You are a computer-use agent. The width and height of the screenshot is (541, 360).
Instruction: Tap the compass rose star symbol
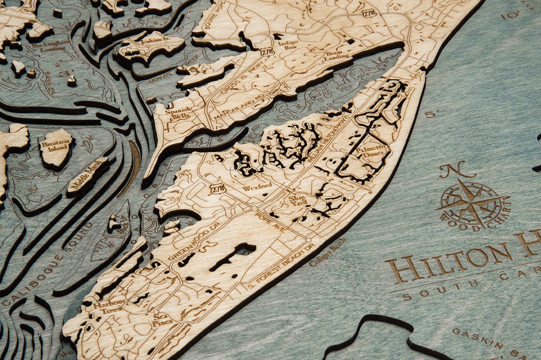[x=470, y=204]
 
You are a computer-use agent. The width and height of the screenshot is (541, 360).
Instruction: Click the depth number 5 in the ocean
[x=431, y=115]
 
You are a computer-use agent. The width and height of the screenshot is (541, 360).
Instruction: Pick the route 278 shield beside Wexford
[x=217, y=190]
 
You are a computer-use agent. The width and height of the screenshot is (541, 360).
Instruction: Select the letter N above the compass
[x=453, y=170]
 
